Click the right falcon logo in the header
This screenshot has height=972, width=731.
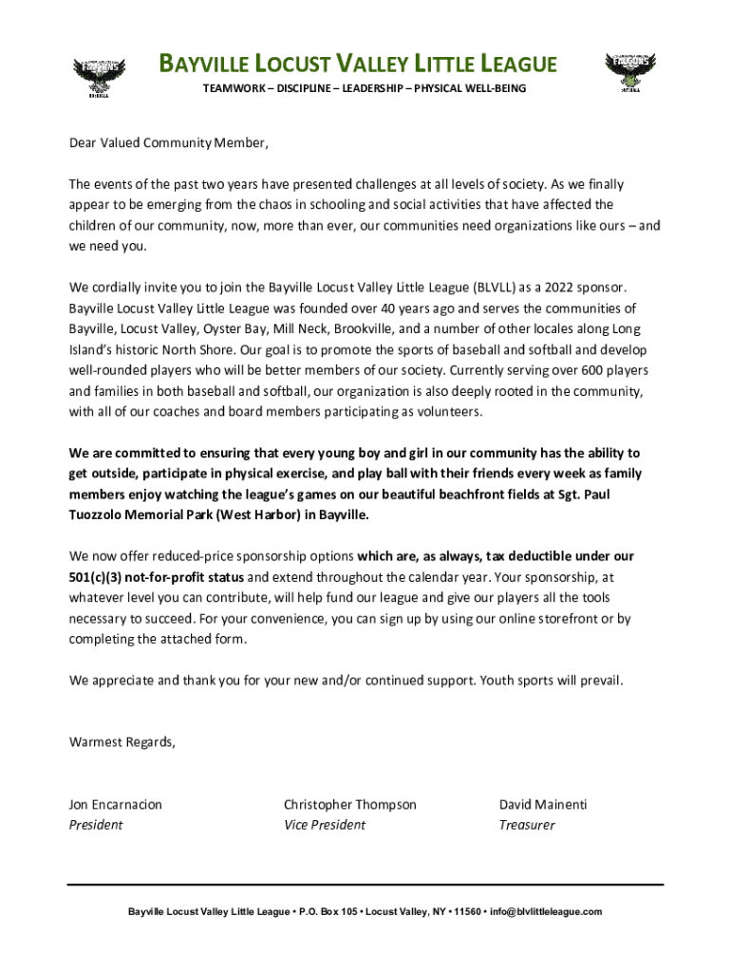pos(630,73)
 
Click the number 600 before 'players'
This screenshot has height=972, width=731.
pos(566,370)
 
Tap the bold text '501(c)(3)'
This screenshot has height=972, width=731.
pos(98,577)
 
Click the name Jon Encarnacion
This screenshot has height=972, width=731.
pos(115,805)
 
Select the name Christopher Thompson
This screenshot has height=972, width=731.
pos(349,805)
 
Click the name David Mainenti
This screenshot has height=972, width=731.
pos(543,805)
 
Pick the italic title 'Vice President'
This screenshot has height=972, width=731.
pos(324,825)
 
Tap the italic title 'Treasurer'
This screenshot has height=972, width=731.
pos(527,825)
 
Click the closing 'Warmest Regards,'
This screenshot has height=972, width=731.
pos(122,742)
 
